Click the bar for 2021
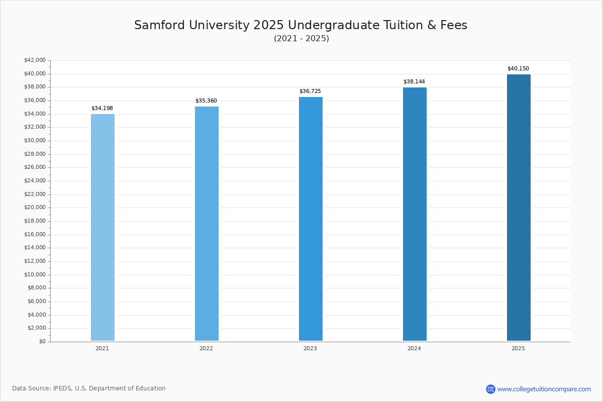coord(103,227)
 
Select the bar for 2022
coord(207,224)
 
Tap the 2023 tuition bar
coord(311,219)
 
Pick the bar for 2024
coord(415,214)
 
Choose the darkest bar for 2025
coord(519,208)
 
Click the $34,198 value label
coord(102,109)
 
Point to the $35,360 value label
coord(206,101)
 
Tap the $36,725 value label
coord(310,91)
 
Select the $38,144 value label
coord(414,82)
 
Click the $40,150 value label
coord(518,69)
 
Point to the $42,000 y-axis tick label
coord(35,60)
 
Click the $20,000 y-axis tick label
coord(35,208)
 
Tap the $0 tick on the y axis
coord(42,342)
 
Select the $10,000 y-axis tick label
coord(35,275)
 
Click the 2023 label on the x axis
coord(310,348)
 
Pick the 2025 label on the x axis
coord(518,348)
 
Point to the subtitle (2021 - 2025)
coord(301,39)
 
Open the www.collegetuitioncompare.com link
coord(544,389)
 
